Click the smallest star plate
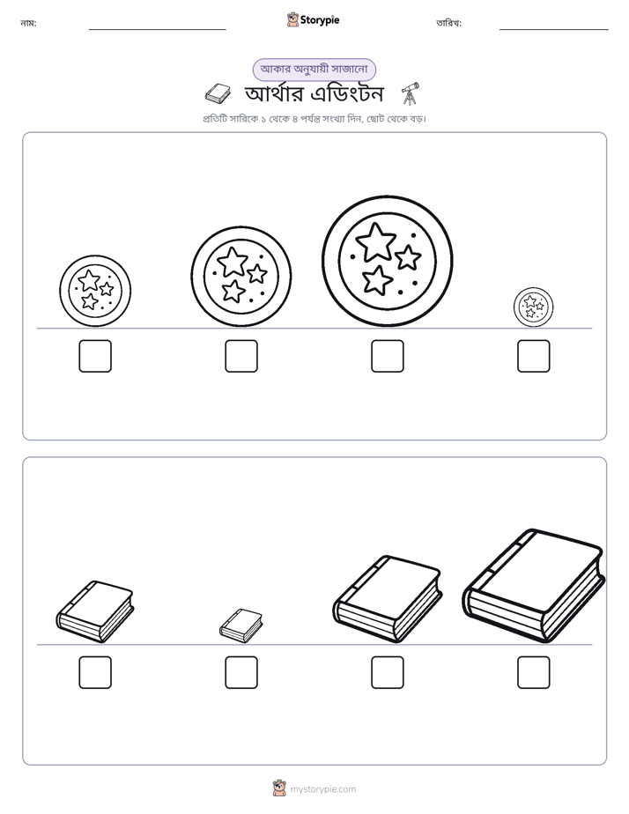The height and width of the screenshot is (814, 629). click(x=533, y=307)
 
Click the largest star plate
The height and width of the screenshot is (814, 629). click(x=387, y=261)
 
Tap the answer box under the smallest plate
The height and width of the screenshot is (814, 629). click(x=533, y=356)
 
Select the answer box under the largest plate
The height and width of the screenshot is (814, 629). click(x=387, y=356)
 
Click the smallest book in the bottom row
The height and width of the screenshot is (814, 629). click(x=240, y=625)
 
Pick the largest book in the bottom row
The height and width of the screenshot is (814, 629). click(x=534, y=586)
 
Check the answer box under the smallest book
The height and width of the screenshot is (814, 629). click(x=240, y=672)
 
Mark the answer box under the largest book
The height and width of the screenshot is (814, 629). click(x=533, y=672)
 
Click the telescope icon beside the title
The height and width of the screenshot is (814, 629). click(x=410, y=93)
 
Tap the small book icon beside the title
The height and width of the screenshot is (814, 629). click(x=218, y=93)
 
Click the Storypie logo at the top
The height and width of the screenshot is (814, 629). click(x=313, y=19)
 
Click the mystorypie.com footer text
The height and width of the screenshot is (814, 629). click(x=322, y=789)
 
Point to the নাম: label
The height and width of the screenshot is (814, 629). click(x=28, y=23)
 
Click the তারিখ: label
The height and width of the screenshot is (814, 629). click(x=449, y=23)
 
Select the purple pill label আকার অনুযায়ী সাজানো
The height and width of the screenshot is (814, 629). click(x=314, y=69)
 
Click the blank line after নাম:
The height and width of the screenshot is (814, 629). click(x=157, y=30)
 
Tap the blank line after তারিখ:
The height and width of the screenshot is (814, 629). click(x=554, y=30)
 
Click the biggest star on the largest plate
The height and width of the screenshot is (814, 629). click(x=376, y=241)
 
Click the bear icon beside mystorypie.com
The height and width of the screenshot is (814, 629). click(x=279, y=788)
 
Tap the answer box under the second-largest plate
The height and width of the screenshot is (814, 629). click(x=240, y=356)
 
